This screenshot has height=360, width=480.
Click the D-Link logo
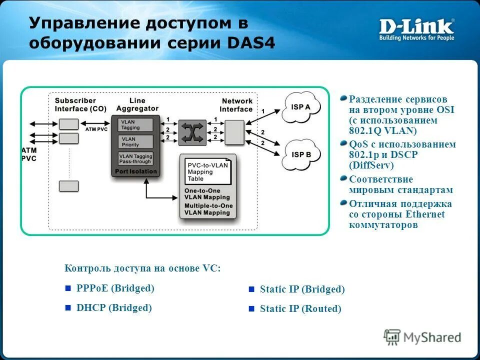(x=416, y=29)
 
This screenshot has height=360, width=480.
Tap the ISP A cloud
(x=301, y=106)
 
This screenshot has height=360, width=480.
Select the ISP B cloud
(x=301, y=154)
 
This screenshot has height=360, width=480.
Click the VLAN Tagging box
(x=135, y=124)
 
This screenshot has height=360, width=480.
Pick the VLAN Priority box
(x=135, y=142)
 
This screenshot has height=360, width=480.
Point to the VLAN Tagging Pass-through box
(x=135, y=159)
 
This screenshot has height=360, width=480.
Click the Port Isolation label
(x=135, y=171)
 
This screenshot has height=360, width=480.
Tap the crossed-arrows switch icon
(x=192, y=132)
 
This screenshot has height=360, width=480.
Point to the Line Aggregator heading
(x=137, y=104)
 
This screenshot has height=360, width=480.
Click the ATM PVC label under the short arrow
(x=96, y=129)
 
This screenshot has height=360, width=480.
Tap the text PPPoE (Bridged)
(x=115, y=288)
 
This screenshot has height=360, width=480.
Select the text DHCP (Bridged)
(x=114, y=307)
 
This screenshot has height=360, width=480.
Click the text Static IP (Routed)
(x=300, y=309)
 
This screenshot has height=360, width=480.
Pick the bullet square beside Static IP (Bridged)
(x=251, y=289)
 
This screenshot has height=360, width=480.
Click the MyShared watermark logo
(x=422, y=337)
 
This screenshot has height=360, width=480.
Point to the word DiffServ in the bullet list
(x=371, y=165)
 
